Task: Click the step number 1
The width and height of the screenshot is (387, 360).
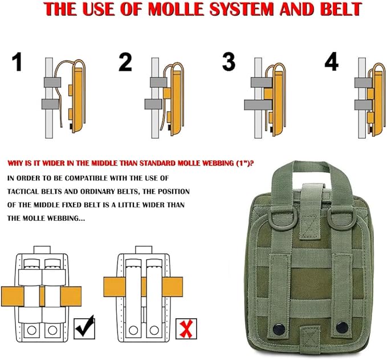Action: [17, 62]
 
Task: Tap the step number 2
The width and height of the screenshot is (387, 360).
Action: [125, 62]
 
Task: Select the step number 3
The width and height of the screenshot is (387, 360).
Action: [229, 62]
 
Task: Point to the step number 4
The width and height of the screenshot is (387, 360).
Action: [332, 62]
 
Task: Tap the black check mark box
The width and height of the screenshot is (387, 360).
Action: [84, 328]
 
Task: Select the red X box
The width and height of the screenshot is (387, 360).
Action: [186, 329]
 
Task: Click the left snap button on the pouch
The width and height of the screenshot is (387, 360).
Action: [279, 329]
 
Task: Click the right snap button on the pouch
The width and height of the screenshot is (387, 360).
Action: [342, 327]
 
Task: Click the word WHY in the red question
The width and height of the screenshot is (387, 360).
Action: [14, 163]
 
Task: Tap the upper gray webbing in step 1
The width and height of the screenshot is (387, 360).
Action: [52, 82]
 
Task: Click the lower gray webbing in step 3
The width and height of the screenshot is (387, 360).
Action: [258, 105]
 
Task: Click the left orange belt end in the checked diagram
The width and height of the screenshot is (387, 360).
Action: [13, 297]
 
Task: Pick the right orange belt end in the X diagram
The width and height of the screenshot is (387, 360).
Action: [173, 286]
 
